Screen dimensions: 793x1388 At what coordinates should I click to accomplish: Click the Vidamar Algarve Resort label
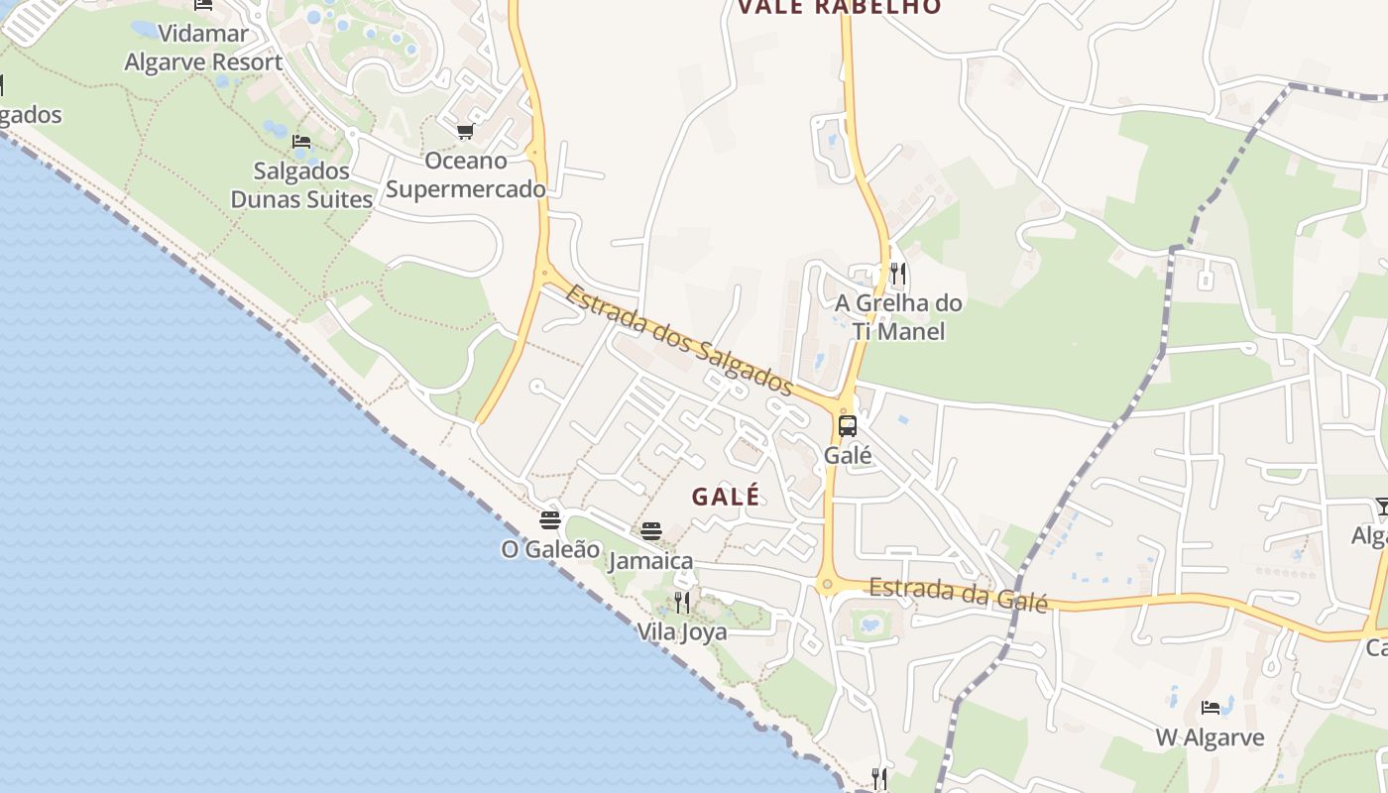pyautogui.click(x=203, y=48)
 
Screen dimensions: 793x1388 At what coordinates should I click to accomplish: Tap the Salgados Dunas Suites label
pyautogui.click(x=301, y=184)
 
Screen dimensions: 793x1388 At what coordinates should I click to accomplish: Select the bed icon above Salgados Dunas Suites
pyautogui.click(x=301, y=142)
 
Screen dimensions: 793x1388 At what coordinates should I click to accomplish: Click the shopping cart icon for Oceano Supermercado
pyautogui.click(x=465, y=131)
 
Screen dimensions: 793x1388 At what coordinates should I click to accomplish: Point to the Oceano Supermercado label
pyautogui.click(x=465, y=174)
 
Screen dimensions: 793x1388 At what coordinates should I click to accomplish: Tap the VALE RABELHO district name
pyautogui.click(x=839, y=7)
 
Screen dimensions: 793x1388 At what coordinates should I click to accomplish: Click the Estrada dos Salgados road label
pyautogui.click(x=680, y=340)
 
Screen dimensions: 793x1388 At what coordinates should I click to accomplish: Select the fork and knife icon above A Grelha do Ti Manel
pyautogui.click(x=898, y=273)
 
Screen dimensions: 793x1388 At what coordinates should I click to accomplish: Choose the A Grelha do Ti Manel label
pyautogui.click(x=898, y=316)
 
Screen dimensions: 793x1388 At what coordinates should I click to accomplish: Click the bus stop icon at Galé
pyautogui.click(x=848, y=426)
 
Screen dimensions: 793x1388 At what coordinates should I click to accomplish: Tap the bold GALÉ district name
pyautogui.click(x=726, y=497)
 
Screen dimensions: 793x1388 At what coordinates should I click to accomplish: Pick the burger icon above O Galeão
pyautogui.click(x=550, y=519)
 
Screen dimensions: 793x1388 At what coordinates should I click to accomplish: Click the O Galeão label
pyautogui.click(x=550, y=548)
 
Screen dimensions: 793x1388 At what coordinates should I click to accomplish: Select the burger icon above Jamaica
pyautogui.click(x=650, y=531)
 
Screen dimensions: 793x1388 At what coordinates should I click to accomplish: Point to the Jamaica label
pyautogui.click(x=650, y=561)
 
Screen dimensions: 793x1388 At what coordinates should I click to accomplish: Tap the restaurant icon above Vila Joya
pyautogui.click(x=682, y=603)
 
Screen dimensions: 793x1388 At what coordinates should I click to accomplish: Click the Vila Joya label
pyautogui.click(x=682, y=631)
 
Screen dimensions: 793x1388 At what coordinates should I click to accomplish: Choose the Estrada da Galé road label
pyautogui.click(x=958, y=594)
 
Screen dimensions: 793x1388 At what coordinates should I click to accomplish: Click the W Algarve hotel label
pyautogui.click(x=1210, y=737)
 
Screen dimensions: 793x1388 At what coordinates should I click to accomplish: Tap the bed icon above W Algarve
pyautogui.click(x=1211, y=708)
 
